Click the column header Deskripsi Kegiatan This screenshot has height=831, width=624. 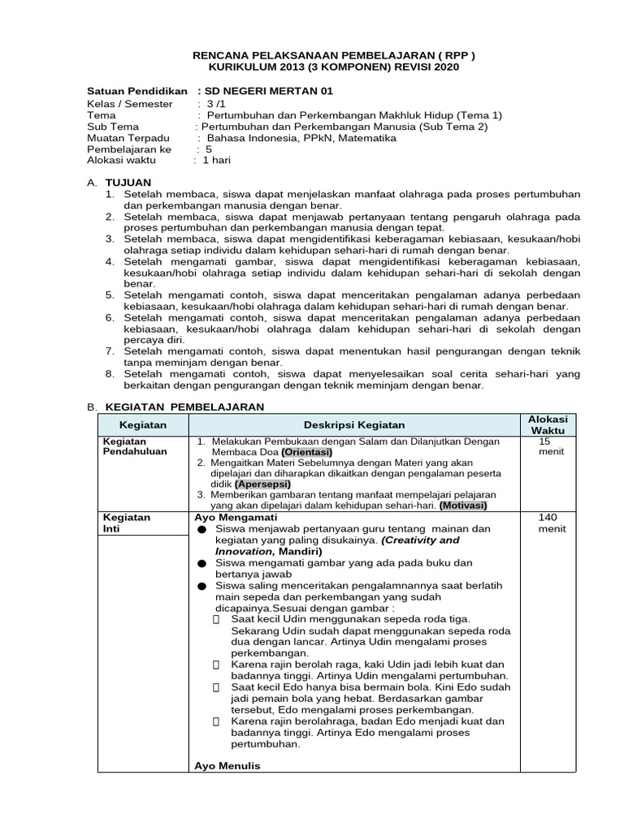click(354, 424)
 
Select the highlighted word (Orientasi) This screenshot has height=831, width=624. click(307, 451)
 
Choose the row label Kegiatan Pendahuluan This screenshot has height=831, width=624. click(127, 446)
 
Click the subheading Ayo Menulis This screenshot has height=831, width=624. click(227, 765)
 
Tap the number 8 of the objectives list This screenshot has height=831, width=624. click(109, 373)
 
